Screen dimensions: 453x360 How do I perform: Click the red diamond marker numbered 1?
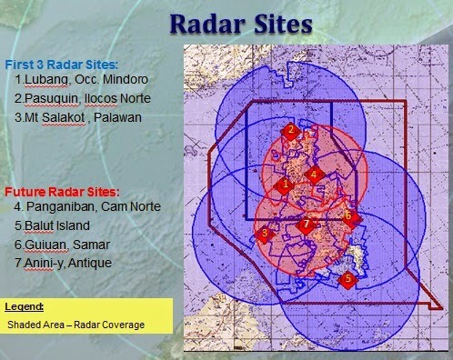(x=284, y=185)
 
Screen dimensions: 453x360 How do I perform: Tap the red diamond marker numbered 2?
(x=290, y=131)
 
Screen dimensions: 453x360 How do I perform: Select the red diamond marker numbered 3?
(x=265, y=234)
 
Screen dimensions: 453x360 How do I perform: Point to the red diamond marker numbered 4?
(x=315, y=175)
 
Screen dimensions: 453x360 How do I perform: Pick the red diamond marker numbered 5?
(x=347, y=279)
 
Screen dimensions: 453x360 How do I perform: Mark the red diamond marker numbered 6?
(x=351, y=217)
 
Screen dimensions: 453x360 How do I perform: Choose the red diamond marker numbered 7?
(x=306, y=225)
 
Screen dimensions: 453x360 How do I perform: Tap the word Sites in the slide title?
(x=283, y=24)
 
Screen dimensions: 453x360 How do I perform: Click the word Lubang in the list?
(x=46, y=79)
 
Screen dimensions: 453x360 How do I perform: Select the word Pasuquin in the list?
(x=53, y=98)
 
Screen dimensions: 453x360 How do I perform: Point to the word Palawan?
(x=117, y=117)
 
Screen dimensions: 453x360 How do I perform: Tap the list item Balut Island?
(x=57, y=225)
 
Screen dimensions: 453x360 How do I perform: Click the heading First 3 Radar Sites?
(x=62, y=65)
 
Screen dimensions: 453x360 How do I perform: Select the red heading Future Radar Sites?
(x=62, y=192)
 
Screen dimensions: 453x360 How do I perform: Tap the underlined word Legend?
(x=25, y=306)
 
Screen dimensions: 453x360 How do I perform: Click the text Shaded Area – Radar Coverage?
(x=76, y=325)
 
